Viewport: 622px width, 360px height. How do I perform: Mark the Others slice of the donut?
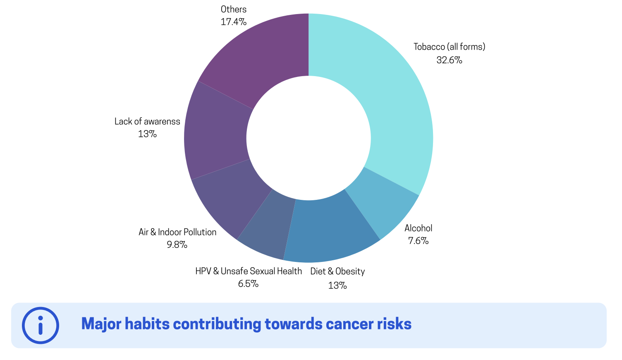point(265,54)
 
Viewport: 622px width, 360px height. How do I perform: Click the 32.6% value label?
point(449,60)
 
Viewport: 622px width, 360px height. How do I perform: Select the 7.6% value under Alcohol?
point(418,241)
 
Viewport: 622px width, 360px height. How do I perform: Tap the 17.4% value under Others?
point(234,22)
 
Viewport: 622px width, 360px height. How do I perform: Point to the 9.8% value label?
point(177,245)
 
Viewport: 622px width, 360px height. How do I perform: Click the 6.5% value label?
point(248,284)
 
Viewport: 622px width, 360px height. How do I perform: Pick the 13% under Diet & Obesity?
point(337,286)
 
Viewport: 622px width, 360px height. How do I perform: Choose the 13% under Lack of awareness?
point(147,134)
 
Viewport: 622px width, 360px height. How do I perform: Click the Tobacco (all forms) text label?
point(449,47)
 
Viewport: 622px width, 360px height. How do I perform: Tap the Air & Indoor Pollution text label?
point(177,232)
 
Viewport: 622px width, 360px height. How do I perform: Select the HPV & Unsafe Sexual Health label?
point(249,271)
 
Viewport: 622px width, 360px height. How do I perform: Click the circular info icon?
point(41,325)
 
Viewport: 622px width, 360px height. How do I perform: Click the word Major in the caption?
point(101,324)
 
